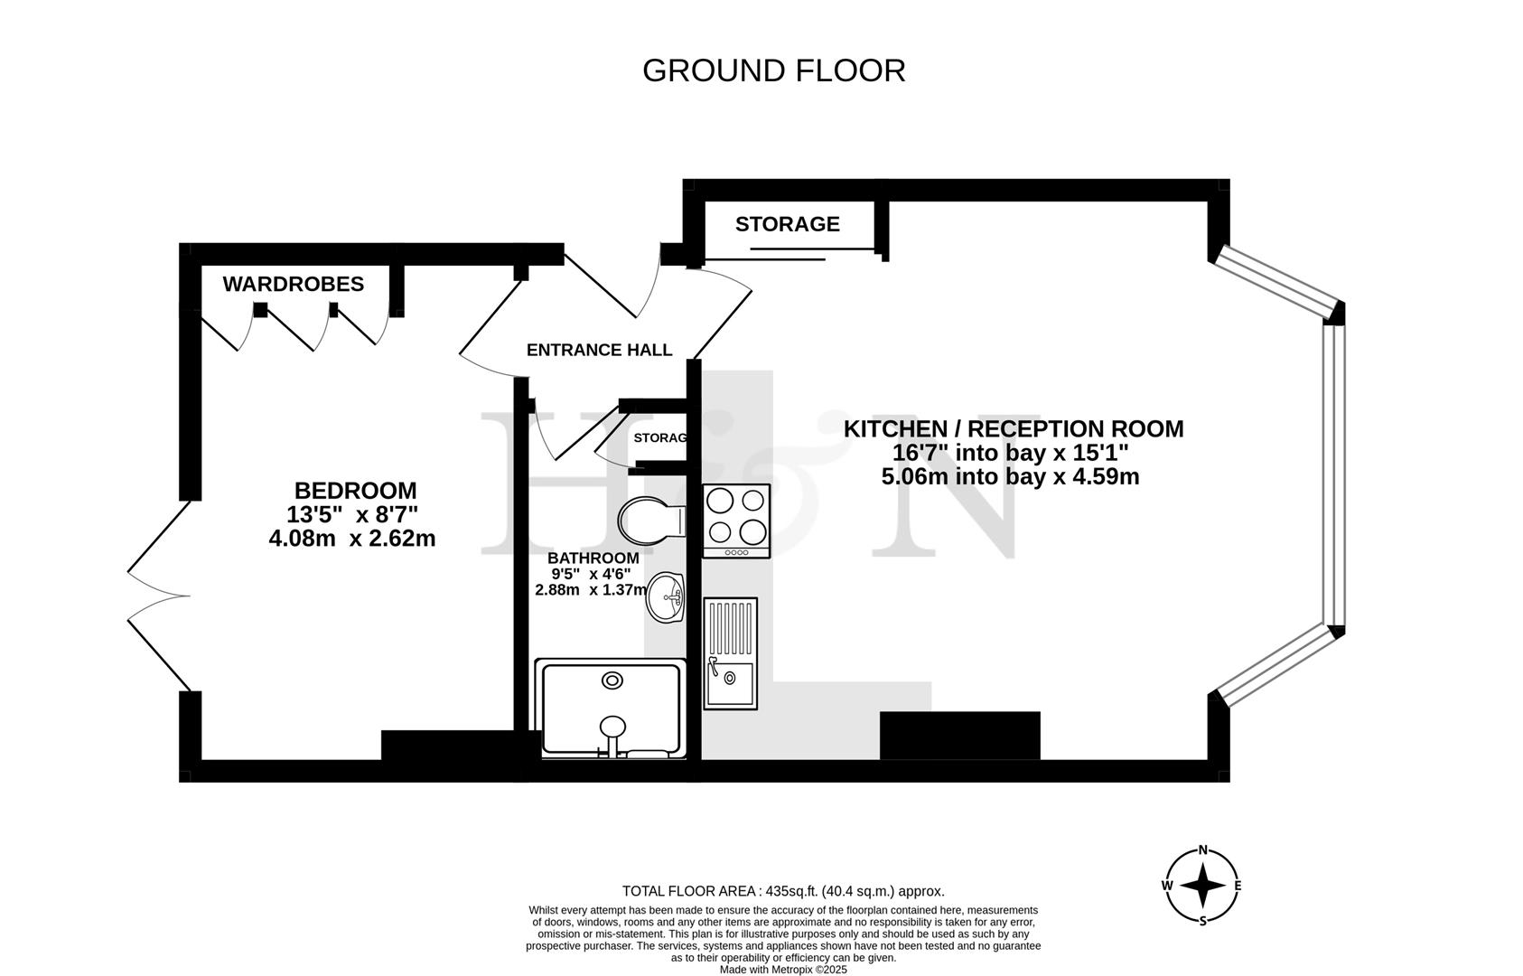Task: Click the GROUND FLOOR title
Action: [773, 70]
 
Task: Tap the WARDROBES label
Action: [293, 284]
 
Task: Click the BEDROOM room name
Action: [355, 491]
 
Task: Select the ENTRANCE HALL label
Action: [599, 350]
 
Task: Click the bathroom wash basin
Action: [667, 597]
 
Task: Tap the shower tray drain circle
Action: [612, 680]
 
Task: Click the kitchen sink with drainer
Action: [730, 652]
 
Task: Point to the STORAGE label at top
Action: [787, 224]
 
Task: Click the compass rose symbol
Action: [1202, 886]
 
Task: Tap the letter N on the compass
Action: [1202, 849]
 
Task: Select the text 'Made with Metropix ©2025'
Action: [782, 970]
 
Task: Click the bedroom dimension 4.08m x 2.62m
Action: [352, 539]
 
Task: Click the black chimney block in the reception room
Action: [959, 735]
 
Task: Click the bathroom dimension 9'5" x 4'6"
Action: [591, 574]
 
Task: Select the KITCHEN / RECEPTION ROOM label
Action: [1013, 428]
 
